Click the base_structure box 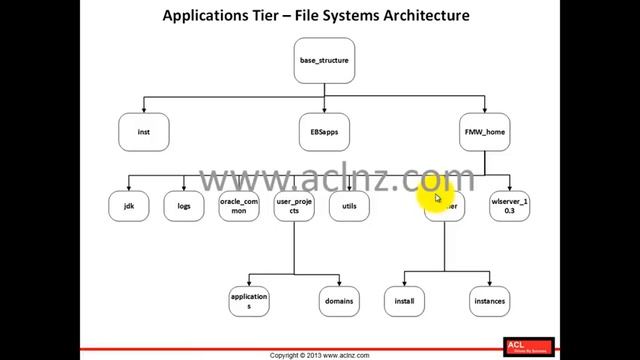click(x=324, y=61)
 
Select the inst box click(x=144, y=130)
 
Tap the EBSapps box click(x=324, y=130)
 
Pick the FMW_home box click(x=486, y=130)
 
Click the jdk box click(x=128, y=206)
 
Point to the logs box click(x=183, y=206)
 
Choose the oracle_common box click(x=239, y=206)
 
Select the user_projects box click(x=294, y=206)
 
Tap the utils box click(x=349, y=206)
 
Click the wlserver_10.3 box click(x=509, y=206)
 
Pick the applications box click(x=249, y=301)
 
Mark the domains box click(x=339, y=301)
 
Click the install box click(x=404, y=301)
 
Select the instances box click(x=490, y=301)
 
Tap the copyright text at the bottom click(x=320, y=355)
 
